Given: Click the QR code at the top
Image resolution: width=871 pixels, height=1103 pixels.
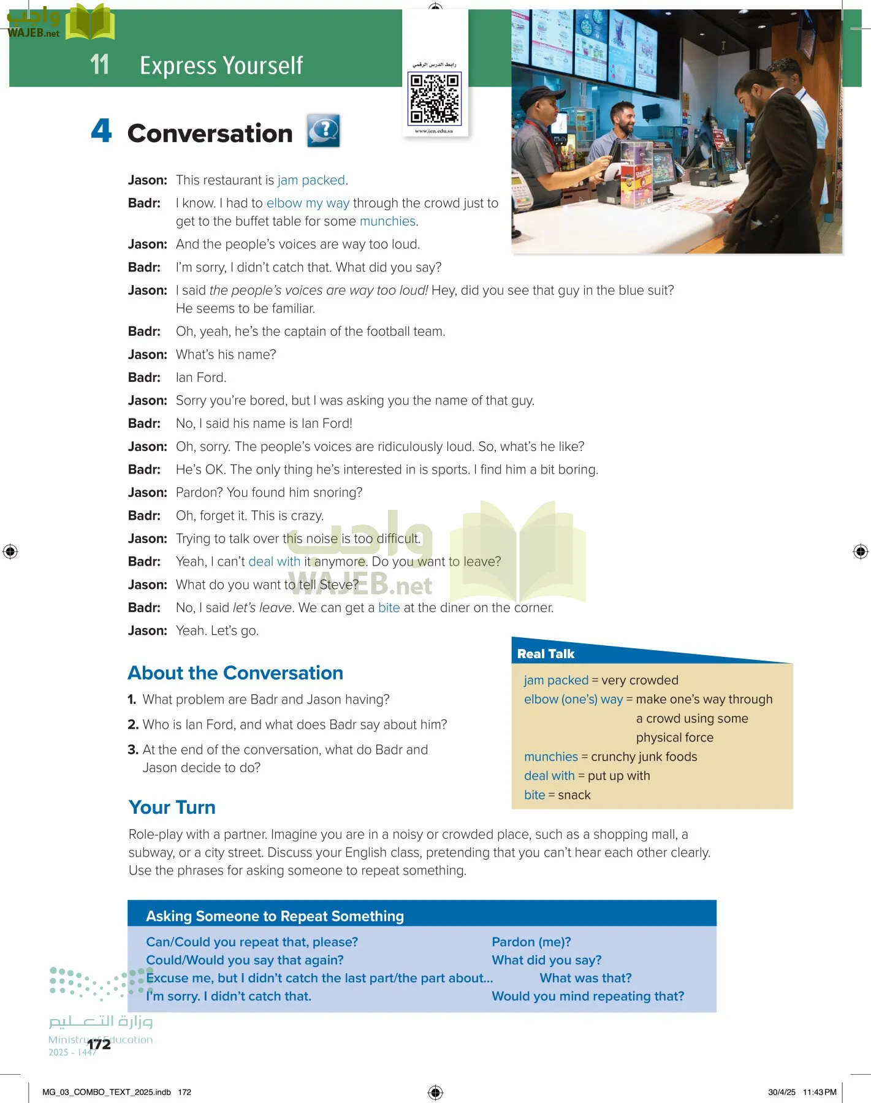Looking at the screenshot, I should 435,98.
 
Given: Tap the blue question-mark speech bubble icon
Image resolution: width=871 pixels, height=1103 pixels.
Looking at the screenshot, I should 324,131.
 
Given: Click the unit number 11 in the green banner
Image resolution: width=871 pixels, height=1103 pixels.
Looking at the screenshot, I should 99,65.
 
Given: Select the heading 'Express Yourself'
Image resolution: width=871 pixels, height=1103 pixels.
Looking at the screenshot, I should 221,66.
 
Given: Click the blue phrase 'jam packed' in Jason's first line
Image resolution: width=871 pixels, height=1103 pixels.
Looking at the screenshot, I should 311,180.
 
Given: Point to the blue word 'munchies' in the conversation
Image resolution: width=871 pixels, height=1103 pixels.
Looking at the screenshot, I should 387,221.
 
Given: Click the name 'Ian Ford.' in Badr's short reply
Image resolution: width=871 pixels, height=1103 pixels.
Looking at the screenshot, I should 201,377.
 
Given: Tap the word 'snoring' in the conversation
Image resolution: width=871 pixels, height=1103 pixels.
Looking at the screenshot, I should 336,493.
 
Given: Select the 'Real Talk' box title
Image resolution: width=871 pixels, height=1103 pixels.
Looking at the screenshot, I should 546,654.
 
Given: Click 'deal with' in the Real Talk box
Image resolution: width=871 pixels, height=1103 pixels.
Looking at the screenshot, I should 549,776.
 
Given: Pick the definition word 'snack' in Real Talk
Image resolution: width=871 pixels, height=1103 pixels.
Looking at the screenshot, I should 574,795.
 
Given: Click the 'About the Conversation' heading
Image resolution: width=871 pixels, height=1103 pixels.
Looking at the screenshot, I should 235,673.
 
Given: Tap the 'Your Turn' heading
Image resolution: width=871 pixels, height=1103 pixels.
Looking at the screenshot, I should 172,807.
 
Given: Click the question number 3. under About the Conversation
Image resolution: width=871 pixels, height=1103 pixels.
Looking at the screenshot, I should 133,749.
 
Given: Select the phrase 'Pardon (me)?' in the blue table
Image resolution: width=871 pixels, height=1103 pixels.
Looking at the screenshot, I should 531,942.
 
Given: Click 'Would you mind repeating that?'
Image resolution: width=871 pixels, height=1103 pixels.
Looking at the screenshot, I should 588,996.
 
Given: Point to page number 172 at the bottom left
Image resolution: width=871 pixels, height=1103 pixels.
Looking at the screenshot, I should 99,1044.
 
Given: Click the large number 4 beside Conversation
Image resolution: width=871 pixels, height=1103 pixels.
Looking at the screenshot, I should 102,131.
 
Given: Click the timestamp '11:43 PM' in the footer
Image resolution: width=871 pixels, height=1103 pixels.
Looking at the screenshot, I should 820,1092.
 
